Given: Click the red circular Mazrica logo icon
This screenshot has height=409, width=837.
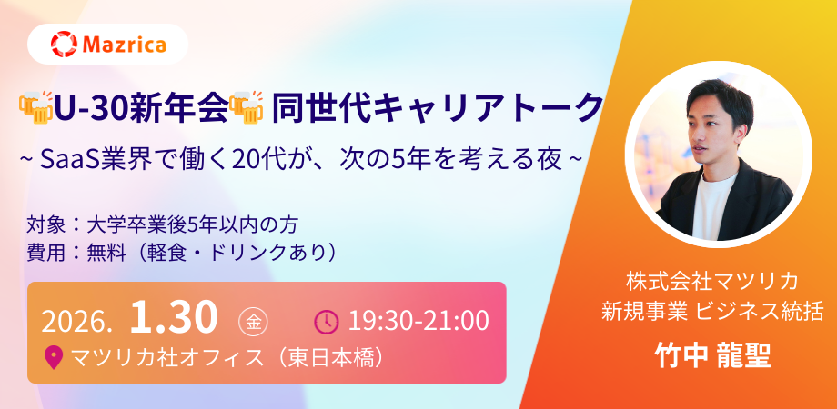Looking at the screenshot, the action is [64, 45].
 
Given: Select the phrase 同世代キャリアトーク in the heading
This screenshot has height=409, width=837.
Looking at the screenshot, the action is [438, 108].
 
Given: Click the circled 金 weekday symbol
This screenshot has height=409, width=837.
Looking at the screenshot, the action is [253, 322].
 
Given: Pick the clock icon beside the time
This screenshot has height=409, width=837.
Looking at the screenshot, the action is [327, 321].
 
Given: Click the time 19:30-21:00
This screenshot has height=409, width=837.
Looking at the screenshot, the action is [418, 321].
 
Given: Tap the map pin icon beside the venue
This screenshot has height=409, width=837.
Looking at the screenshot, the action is [53, 358].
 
